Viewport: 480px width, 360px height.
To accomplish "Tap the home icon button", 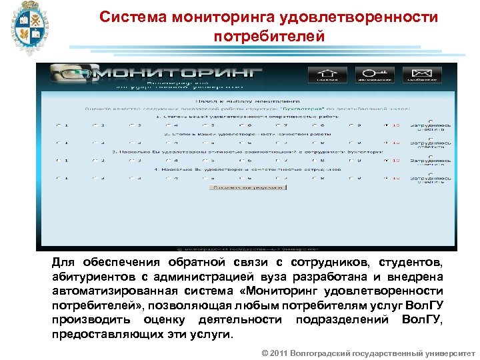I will pos(327,74).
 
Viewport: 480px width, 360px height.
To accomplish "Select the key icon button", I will pos(374,74).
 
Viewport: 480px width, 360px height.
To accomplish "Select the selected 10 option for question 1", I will pos(387,125).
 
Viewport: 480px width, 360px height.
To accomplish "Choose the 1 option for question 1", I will pos(58,125).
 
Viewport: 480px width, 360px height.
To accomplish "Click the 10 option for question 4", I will pos(387,178).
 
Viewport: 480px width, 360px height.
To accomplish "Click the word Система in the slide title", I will pos(131,17).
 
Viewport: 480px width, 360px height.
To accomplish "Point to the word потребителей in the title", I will pos(269,36).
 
